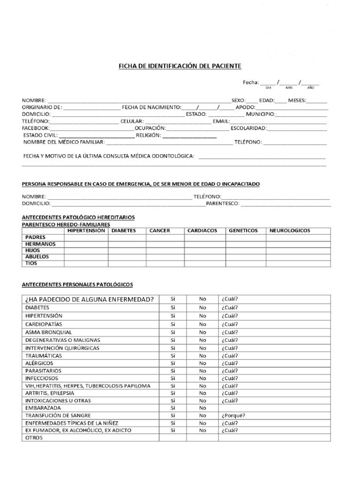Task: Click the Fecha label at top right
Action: pos(250,82)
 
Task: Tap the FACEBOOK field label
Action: pos(36,127)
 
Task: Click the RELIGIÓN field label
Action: pos(149,135)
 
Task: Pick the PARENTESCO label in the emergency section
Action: pos(223,204)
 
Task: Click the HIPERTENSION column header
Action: pos(86,231)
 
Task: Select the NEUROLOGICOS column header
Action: pos(290,231)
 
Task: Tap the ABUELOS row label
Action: pos(37,257)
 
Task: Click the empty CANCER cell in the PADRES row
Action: pos(165,237)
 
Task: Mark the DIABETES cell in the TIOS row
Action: pos(127,263)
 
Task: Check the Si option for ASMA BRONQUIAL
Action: pos(173,332)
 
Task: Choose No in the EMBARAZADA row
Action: pos(202,408)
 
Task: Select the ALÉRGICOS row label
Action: pos(39,363)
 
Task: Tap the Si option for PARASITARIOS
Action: pos(173,370)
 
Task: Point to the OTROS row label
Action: pos(34,438)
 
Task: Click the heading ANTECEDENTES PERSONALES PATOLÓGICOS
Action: pos(78,284)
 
